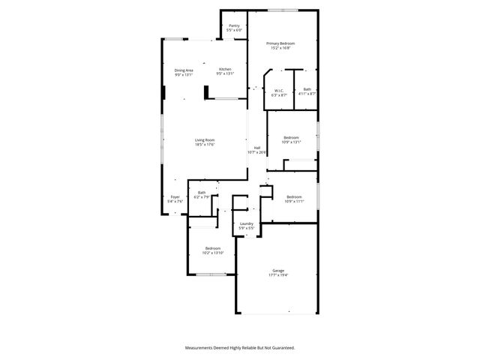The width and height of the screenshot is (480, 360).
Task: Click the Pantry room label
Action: [x=234, y=25]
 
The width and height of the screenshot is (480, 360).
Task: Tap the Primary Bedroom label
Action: [x=281, y=43]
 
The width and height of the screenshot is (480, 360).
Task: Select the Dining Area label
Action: [x=184, y=70]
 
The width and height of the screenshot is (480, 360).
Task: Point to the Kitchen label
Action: [x=225, y=70]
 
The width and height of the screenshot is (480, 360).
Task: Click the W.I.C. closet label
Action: [x=278, y=90]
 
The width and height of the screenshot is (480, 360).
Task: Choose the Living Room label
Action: [x=205, y=140]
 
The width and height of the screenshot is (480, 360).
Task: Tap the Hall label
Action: [x=257, y=148]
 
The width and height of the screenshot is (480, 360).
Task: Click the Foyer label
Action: [x=175, y=197]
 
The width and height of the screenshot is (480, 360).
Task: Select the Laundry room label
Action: [x=246, y=223]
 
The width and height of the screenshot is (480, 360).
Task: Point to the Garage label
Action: [x=278, y=271]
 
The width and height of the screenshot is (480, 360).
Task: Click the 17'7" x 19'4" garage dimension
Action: [x=278, y=275]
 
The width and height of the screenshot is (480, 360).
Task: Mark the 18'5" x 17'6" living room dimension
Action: [x=205, y=145]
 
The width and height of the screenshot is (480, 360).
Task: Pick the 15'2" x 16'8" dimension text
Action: [x=281, y=48]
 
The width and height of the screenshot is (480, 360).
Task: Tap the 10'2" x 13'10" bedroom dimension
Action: [x=213, y=253]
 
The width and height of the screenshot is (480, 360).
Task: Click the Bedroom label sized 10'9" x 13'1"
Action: [x=291, y=137]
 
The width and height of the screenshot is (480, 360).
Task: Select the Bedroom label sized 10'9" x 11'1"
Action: [x=293, y=196]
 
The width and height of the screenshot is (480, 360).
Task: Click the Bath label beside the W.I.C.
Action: [x=307, y=90]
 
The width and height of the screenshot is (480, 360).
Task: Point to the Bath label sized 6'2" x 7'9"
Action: [x=202, y=193]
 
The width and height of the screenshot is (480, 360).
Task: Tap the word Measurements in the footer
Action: [x=201, y=348]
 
